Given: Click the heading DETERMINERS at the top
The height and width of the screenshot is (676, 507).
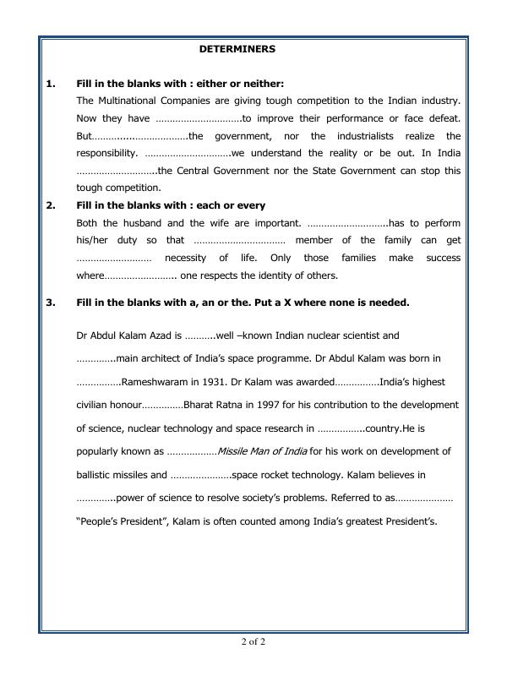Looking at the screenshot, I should point(237,49).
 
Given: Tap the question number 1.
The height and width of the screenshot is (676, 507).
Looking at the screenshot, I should point(50,84).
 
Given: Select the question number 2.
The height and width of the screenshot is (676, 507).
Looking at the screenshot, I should point(50,205).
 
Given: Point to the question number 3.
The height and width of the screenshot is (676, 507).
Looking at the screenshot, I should point(50,302).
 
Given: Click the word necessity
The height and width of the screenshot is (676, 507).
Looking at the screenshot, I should point(187,258).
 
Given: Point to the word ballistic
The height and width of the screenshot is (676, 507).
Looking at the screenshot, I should point(95,474).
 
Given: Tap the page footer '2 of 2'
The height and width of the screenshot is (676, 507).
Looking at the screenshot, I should point(253,642).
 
